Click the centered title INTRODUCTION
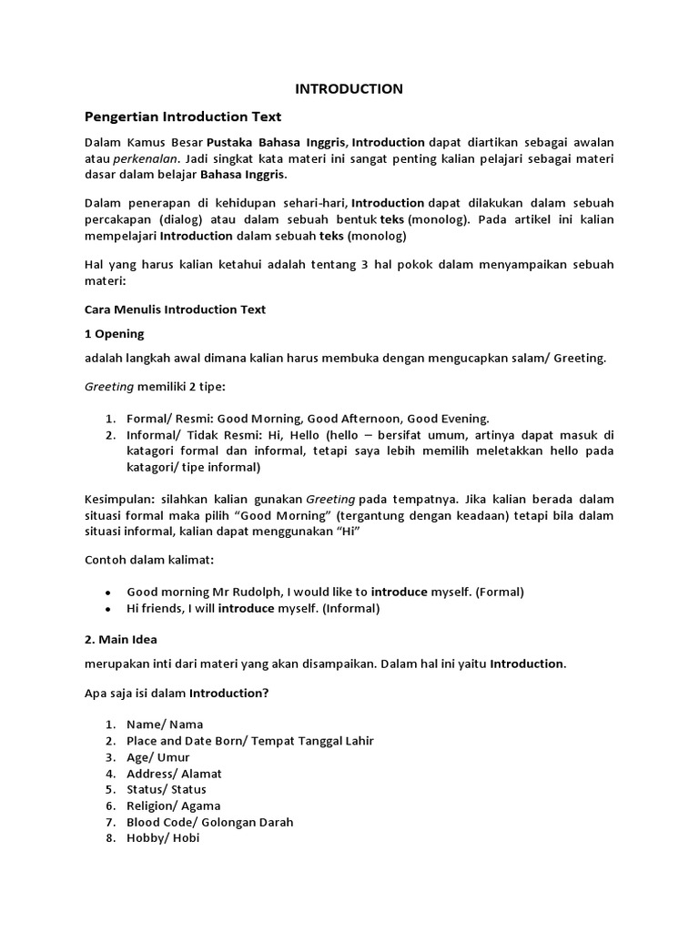349,89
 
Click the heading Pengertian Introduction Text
183,116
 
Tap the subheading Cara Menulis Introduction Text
175,309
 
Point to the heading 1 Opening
114,334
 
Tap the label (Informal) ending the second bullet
347,609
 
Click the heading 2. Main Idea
121,640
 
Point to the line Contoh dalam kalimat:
150,559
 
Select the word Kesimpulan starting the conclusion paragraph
114,501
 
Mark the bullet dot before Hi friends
108,609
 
